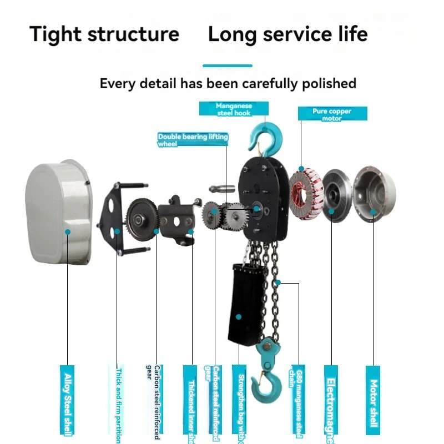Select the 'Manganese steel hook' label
234,109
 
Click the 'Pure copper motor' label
332,114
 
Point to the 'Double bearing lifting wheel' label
193,140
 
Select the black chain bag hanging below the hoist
244,304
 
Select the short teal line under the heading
228,65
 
